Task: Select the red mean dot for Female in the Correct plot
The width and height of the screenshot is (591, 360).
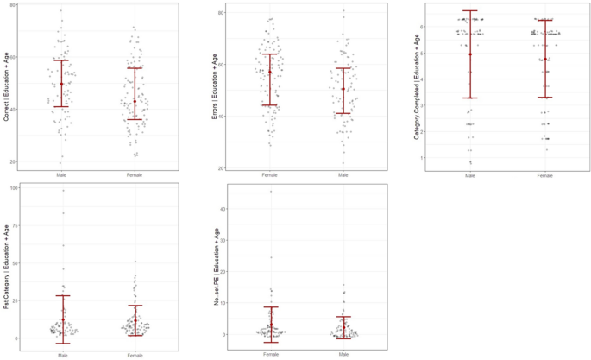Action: pyautogui.click(x=135, y=101)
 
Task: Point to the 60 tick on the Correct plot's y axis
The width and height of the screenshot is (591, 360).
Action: pyautogui.click(x=16, y=59)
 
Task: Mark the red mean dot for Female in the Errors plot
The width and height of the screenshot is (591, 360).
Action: pyautogui.click(x=270, y=72)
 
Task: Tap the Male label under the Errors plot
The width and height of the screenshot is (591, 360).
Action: pyautogui.click(x=343, y=174)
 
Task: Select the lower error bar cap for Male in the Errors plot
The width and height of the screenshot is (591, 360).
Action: pyautogui.click(x=343, y=113)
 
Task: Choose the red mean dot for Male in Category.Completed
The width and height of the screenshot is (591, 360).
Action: pyautogui.click(x=470, y=54)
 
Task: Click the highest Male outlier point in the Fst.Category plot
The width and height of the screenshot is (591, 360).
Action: pyautogui.click(x=63, y=191)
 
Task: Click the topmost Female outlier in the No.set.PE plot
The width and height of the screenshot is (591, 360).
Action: pyautogui.click(x=270, y=192)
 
